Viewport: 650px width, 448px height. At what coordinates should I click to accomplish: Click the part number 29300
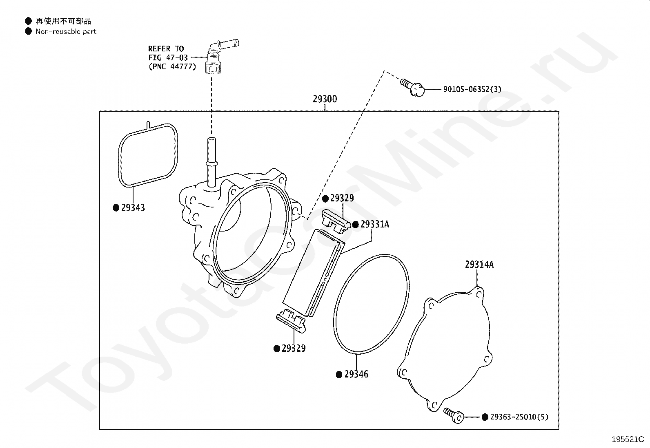pos(325,99)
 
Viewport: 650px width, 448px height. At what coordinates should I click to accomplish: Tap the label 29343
pos(133,208)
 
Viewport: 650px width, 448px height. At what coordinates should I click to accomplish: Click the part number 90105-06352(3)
pos(472,89)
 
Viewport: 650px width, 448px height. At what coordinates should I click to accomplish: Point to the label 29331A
pos(374,224)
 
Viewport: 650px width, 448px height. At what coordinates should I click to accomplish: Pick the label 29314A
pos(479,265)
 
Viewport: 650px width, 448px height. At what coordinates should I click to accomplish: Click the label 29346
pos(356,374)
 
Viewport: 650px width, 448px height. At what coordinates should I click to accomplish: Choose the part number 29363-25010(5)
pos(519,417)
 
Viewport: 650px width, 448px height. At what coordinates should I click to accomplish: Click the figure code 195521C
pos(628,439)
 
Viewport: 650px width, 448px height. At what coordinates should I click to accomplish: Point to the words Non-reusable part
pos(66,31)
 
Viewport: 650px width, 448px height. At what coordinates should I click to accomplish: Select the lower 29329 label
pos(293,349)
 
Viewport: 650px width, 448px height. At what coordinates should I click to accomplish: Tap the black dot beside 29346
pos(339,375)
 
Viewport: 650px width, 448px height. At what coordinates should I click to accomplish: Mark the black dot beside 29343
pos(116,208)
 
